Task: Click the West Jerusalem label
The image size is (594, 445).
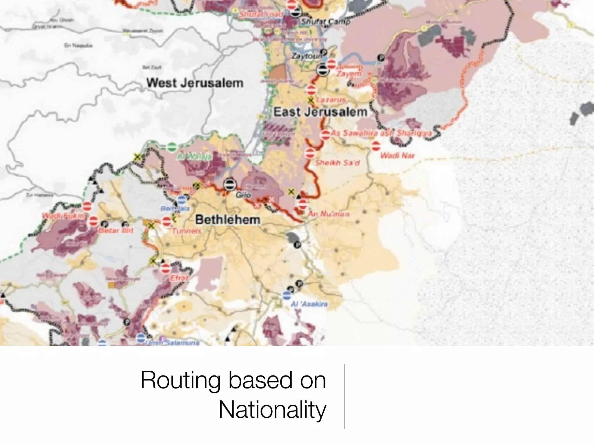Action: click(195, 83)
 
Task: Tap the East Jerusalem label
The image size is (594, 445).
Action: click(320, 112)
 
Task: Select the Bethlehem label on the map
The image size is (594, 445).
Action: click(228, 220)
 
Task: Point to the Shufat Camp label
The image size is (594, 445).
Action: click(325, 21)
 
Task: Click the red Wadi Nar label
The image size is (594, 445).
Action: click(397, 156)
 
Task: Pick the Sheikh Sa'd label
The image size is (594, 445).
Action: click(337, 163)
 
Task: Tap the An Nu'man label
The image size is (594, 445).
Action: click(328, 214)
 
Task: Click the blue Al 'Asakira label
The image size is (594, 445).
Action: click(309, 304)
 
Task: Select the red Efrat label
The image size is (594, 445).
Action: click(179, 278)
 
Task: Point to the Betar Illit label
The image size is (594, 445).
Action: click(116, 231)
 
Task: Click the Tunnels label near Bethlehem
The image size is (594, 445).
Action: click(187, 231)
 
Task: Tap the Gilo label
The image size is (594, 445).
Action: click(243, 195)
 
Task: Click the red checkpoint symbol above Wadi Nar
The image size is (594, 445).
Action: click(376, 146)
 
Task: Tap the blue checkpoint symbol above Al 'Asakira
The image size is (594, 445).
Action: click(287, 296)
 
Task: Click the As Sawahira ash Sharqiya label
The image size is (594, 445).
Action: click(381, 133)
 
